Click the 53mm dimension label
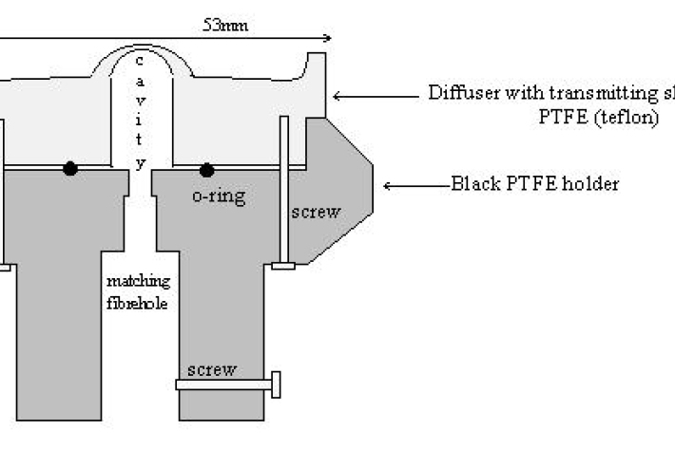226,25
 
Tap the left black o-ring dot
70,169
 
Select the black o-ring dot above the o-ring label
206,170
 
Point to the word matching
139,281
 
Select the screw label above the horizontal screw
210,368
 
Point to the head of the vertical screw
283,266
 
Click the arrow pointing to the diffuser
376,95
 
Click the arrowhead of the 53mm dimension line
326,39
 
